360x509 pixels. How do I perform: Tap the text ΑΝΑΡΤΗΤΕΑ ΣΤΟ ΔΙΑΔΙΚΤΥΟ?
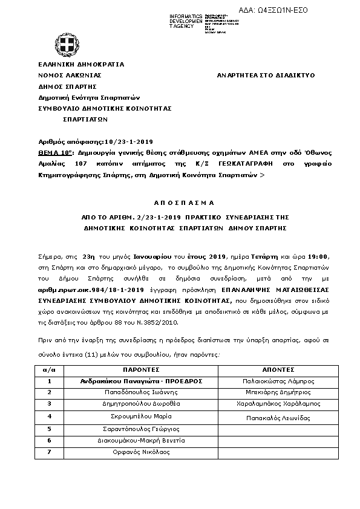coord(266,76)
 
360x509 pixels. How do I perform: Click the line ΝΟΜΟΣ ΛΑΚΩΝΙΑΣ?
coord(70,76)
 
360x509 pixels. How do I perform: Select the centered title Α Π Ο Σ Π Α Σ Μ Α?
coord(180,203)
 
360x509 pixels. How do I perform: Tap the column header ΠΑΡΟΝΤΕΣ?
coord(141,370)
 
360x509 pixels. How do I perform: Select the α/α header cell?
coord(50,370)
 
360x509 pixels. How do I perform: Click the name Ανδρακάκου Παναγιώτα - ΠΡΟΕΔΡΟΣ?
coord(141,381)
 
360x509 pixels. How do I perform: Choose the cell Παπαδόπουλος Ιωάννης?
coord(141,393)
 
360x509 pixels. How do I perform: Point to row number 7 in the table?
coord(50,452)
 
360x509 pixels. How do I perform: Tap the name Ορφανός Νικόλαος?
coord(141,452)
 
